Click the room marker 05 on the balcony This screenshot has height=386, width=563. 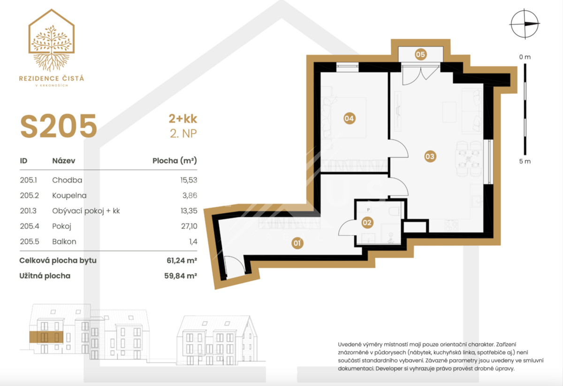(420, 54)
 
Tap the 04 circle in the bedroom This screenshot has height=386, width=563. (349, 118)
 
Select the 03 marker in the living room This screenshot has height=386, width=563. (430, 156)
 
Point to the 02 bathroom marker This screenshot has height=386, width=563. (367, 222)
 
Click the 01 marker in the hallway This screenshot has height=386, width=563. (297, 243)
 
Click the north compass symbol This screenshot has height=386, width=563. (525, 24)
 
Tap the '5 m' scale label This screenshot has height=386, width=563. (525, 161)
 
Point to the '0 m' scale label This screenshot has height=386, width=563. (525, 57)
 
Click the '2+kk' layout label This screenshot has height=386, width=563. (183, 119)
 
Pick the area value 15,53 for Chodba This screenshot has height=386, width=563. (189, 180)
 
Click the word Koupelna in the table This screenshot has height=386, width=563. (69, 195)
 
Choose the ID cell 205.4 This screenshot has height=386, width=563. (30, 226)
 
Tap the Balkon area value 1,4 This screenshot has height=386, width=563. (193, 242)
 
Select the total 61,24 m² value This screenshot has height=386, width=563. (182, 260)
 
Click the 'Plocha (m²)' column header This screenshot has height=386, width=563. (175, 160)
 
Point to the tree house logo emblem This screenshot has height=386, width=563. (52, 40)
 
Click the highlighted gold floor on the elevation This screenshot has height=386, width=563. (46, 337)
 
